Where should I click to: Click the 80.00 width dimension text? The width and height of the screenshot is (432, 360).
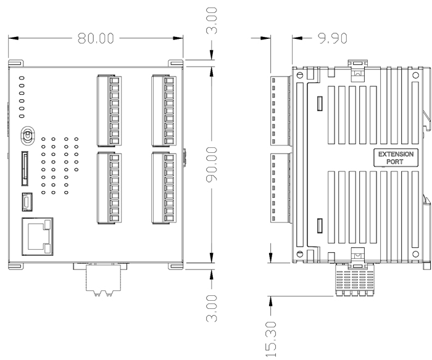(96, 38)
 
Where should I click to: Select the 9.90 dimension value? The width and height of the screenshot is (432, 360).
(332, 38)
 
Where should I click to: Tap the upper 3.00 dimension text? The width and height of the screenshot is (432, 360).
(212, 20)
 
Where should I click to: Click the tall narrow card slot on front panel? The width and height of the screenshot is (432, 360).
(25, 168)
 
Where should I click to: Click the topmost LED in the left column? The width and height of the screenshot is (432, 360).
(22, 79)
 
